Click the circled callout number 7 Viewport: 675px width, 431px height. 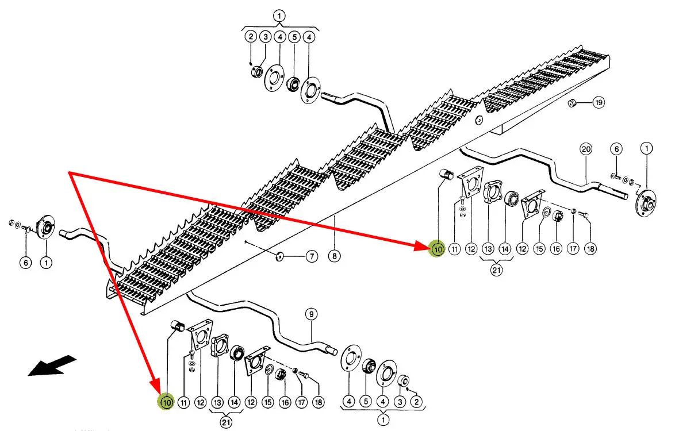point(311,257)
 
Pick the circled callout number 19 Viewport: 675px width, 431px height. point(599,103)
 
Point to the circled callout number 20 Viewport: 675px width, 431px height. point(586,149)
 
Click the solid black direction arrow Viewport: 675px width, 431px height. point(52,367)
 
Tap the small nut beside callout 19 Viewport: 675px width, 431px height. point(572,103)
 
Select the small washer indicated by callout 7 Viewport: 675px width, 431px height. point(279,256)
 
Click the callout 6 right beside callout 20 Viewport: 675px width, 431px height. point(616,149)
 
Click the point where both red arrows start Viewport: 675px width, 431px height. point(70,172)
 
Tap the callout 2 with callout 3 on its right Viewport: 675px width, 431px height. point(251,37)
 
